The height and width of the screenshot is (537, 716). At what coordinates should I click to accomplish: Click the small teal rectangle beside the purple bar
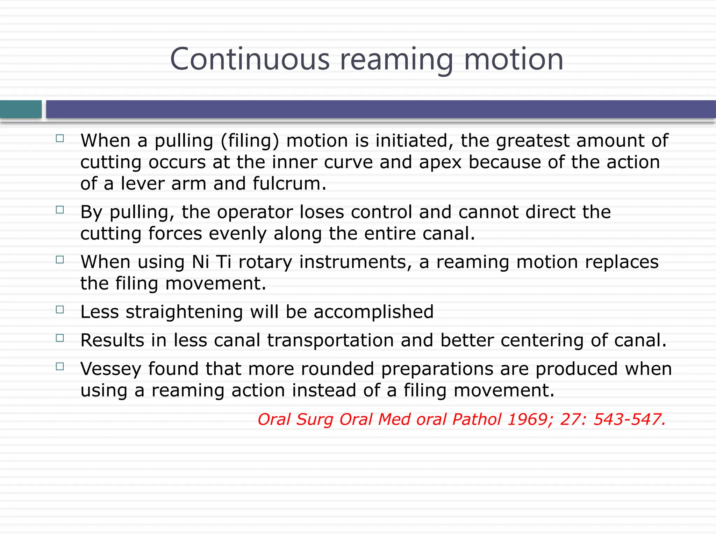click(21, 109)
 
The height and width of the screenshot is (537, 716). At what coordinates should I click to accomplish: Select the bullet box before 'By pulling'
click(60, 210)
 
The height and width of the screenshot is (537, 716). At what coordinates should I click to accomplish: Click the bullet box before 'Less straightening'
click(60, 310)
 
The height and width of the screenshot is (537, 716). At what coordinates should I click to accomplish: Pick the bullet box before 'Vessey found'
click(60, 367)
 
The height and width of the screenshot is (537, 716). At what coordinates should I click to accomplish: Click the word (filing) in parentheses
click(250, 141)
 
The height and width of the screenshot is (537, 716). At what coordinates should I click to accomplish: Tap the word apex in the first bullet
click(440, 163)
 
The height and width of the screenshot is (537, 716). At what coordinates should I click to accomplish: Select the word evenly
click(238, 234)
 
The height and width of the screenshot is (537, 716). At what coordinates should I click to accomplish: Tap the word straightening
click(184, 312)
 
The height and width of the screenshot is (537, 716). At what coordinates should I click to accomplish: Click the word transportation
click(330, 340)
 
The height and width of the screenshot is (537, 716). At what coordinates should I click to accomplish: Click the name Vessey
click(110, 369)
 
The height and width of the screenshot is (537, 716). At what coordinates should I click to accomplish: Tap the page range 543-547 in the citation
click(629, 419)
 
